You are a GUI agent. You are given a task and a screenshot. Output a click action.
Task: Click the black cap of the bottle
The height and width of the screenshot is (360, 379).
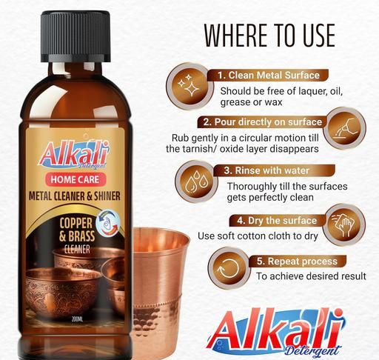coord(76,36)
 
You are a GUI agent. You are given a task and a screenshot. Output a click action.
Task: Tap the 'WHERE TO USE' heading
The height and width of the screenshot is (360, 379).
coord(269,36)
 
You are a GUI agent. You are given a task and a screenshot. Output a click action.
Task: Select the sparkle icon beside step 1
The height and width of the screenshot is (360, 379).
coord(189,84)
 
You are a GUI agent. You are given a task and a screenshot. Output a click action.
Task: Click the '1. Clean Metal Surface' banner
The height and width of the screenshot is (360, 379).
coord(269,75)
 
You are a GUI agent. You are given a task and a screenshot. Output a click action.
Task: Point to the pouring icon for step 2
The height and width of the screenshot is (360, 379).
coord(344,128)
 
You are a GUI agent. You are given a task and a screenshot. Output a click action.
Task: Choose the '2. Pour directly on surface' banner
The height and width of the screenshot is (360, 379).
coord(263,122)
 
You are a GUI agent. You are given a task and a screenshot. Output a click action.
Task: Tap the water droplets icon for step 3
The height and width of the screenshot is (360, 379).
coord(197,181)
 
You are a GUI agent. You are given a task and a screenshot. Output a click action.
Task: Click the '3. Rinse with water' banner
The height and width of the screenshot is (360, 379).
coord(273,170)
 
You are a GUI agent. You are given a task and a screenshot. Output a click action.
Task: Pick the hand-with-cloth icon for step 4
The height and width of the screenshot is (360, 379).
coord(344,224)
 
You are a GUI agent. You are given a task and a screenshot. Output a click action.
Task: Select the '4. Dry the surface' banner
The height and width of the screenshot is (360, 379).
coord(277,221)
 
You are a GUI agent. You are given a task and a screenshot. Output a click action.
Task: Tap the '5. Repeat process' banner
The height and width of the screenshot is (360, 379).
coord(297,261)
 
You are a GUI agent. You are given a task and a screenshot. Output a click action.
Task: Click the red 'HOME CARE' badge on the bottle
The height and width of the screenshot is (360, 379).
coord(75,179)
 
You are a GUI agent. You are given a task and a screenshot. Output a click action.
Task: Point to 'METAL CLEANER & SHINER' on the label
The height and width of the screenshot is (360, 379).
coord(75,196)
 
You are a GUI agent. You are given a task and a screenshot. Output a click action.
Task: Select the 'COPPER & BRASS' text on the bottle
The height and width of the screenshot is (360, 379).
coord(77,230)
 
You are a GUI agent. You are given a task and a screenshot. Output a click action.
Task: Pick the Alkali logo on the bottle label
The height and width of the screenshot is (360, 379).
coord(73,154)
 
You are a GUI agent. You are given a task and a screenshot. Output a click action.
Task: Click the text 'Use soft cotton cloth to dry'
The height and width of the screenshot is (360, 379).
coord(258,236)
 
